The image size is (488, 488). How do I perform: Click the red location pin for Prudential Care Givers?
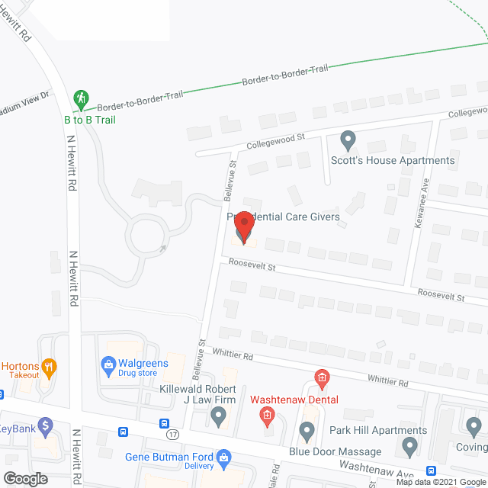click(243, 228)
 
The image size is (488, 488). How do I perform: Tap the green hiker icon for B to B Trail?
click(80, 98)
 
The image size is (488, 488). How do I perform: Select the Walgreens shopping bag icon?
click(110, 364)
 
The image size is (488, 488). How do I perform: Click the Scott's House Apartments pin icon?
click(348, 140)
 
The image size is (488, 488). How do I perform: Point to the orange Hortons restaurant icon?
click(50, 367)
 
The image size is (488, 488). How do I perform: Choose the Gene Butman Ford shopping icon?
click(223, 457)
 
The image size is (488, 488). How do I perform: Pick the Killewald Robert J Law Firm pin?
click(219, 416)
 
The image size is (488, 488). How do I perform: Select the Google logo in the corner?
click(24, 478)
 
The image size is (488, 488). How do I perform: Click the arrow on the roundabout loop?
click(162, 248)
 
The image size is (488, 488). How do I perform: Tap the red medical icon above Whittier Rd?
click(322, 377)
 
